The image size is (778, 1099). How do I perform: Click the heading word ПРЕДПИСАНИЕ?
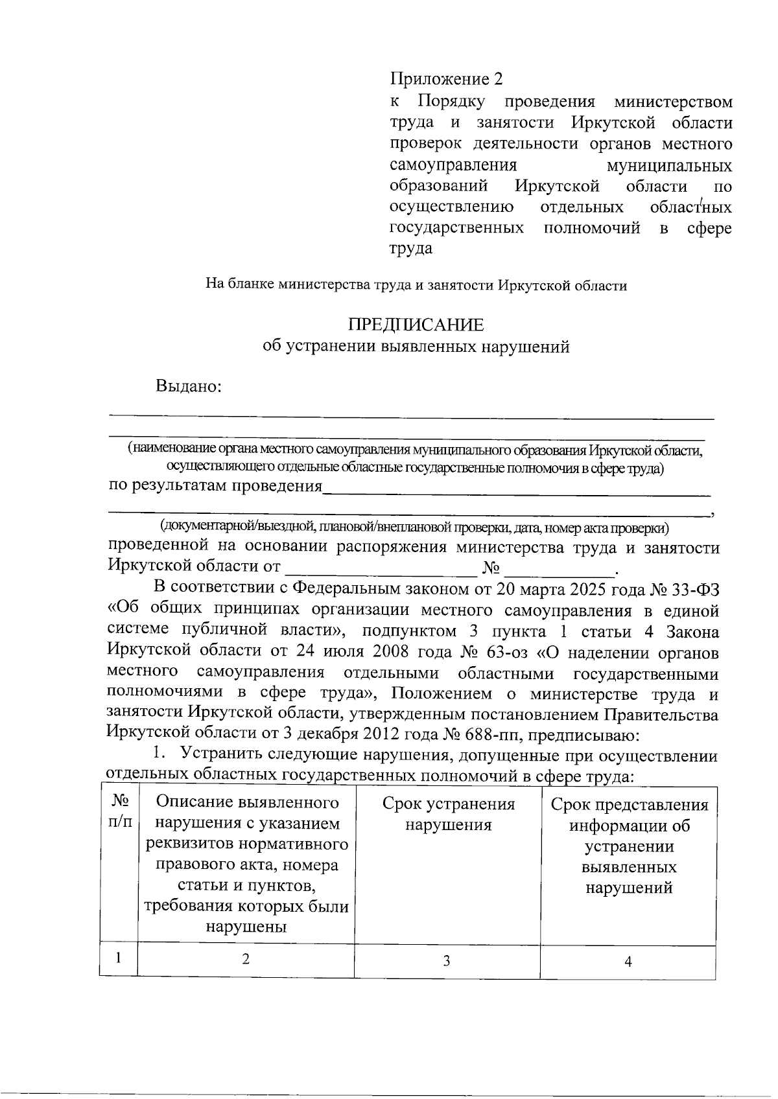pos(416,325)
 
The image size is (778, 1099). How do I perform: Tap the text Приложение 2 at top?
pos(446,79)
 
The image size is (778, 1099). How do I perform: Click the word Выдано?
pos(189,386)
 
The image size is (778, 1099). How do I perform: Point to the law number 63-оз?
pos(506,651)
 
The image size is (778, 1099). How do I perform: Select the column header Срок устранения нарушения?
pos(448,815)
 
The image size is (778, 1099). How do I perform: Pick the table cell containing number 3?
pos(447,960)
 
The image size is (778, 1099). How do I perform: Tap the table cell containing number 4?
pos(628,962)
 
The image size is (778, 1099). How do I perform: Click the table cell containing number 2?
pos(246,959)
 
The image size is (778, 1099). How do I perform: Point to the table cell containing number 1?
pos(118,958)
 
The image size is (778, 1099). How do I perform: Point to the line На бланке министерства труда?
pos(416,285)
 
